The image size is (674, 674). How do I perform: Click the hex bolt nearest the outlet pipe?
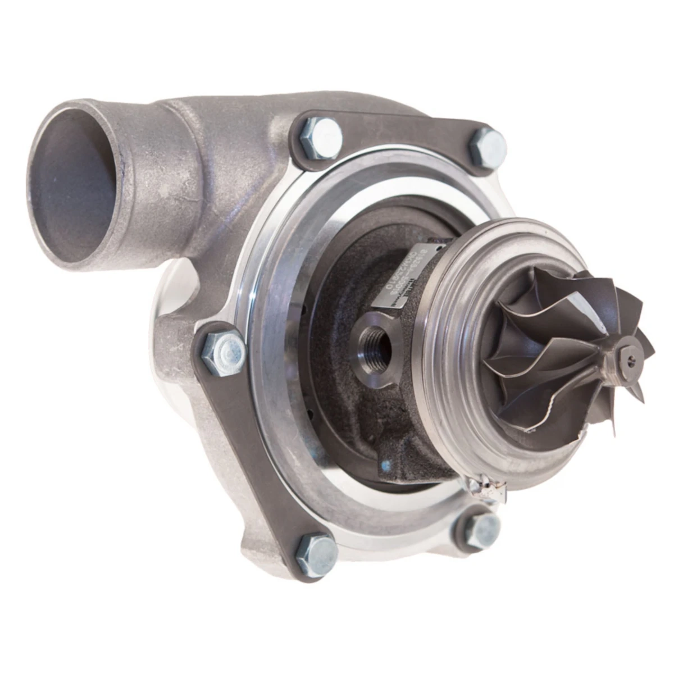[x=320, y=137]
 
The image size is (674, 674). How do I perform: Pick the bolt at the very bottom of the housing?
[x=316, y=554]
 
